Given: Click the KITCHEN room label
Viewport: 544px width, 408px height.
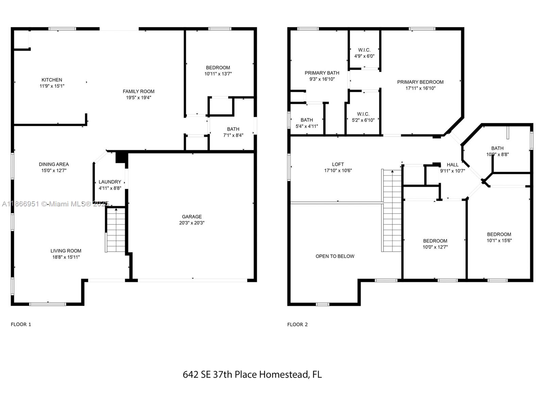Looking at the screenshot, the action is pyautogui.click(x=52, y=80).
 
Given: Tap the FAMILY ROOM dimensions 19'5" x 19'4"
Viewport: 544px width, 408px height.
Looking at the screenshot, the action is pyautogui.click(x=138, y=98).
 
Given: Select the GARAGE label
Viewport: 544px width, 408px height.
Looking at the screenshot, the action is pyautogui.click(x=192, y=217).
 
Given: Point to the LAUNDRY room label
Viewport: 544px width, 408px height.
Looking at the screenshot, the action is pyautogui.click(x=110, y=182).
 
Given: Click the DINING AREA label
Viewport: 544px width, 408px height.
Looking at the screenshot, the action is pyautogui.click(x=54, y=164).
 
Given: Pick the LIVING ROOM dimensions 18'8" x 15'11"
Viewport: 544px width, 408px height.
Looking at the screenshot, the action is pyautogui.click(x=66, y=257).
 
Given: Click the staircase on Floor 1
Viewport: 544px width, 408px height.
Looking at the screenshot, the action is pyautogui.click(x=116, y=230).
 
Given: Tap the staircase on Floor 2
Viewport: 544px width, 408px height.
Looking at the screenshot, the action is pyautogui.click(x=391, y=210).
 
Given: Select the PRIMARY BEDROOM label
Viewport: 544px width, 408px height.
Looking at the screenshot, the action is pyautogui.click(x=420, y=82).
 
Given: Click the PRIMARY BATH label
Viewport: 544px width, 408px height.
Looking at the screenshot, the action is pyautogui.click(x=322, y=73).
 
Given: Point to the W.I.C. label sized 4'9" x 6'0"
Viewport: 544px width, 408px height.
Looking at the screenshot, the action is pyautogui.click(x=364, y=50).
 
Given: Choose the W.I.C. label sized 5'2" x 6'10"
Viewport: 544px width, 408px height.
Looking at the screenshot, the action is pyautogui.click(x=363, y=114).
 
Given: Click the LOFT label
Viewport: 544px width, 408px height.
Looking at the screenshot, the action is pyautogui.click(x=338, y=164).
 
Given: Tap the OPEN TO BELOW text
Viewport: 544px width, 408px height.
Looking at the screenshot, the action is pyautogui.click(x=335, y=256).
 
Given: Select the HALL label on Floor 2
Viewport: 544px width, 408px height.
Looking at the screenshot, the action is pyautogui.click(x=453, y=165).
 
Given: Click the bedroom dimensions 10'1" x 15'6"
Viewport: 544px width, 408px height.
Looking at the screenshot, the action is pyautogui.click(x=499, y=240).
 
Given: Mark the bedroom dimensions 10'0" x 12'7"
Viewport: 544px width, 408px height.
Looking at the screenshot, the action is pyautogui.click(x=435, y=247).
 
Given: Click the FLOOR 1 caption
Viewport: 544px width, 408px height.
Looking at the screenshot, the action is pyautogui.click(x=21, y=324).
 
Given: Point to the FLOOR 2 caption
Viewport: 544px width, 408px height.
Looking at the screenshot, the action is pyautogui.click(x=297, y=324).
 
